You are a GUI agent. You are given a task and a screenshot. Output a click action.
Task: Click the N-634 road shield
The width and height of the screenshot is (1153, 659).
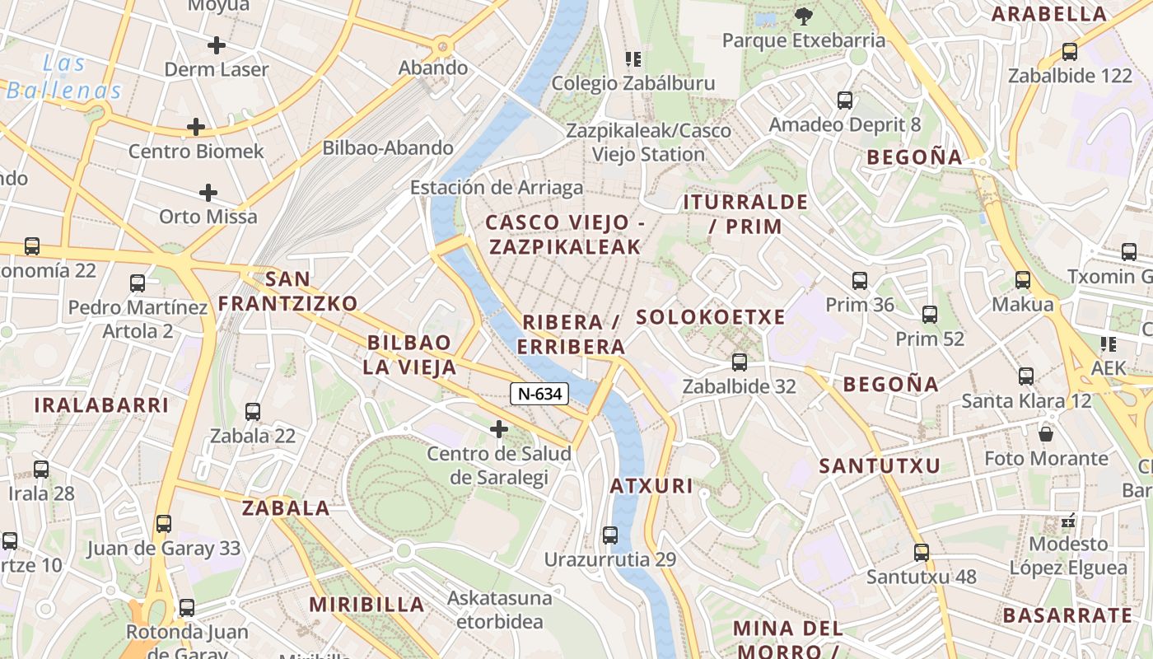(540, 394)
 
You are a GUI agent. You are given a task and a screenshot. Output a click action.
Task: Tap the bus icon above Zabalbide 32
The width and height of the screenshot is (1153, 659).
(739, 362)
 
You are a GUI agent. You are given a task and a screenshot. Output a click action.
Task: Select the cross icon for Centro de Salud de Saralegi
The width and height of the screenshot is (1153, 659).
(498, 428)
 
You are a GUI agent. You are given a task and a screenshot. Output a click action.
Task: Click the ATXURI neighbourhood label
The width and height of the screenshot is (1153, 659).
(651, 486)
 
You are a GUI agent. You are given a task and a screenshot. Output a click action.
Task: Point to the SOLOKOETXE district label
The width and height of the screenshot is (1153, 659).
(711, 317)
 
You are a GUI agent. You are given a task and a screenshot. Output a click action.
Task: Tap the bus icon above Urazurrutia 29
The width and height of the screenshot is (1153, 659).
(610, 535)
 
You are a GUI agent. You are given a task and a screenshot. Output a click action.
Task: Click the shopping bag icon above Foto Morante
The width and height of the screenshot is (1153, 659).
(1046, 433)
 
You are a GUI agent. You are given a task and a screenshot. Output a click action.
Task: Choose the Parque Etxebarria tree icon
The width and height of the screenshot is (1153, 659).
(803, 15)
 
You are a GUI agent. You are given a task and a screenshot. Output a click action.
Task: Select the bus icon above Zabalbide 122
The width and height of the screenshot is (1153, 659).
(1070, 51)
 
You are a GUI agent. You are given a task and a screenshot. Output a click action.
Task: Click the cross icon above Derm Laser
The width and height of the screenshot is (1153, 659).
(217, 44)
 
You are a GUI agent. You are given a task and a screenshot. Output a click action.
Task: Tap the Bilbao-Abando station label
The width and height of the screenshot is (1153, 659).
(388, 148)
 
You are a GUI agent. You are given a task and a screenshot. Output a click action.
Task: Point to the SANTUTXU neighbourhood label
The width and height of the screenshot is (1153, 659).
(879, 466)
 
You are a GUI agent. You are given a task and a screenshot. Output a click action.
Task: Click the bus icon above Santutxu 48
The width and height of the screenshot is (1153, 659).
(922, 552)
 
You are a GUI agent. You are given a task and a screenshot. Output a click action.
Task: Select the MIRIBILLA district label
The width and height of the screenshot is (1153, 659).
(366, 605)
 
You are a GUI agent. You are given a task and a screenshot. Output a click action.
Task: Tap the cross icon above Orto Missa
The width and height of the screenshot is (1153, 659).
(208, 193)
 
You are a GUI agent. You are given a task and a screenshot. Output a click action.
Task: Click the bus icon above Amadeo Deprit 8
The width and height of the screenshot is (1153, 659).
(845, 100)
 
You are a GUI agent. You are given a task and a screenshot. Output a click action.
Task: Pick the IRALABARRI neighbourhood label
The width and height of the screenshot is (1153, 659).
(101, 405)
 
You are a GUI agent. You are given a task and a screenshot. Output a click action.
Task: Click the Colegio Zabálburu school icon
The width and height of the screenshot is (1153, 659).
(633, 58)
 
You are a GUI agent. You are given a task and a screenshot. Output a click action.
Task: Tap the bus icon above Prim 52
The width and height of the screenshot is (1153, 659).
(930, 314)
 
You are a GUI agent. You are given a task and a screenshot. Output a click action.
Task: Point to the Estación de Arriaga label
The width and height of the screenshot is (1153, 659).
(497, 188)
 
